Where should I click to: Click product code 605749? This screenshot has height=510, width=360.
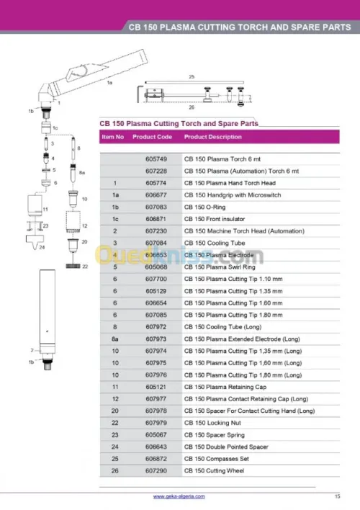click(156, 159)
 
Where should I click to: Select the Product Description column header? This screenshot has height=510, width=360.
click(212, 137)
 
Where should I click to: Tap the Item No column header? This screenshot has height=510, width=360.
click(112, 137)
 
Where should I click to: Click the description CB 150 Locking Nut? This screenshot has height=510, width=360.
click(212, 423)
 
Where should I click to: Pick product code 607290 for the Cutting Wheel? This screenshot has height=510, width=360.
click(156, 470)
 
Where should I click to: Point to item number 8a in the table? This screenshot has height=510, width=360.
click(114, 339)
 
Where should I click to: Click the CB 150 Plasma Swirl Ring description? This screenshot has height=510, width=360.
click(220, 267)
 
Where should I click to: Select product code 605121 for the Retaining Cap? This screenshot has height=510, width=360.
click(156, 387)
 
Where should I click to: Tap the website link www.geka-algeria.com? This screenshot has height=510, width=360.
click(179, 496)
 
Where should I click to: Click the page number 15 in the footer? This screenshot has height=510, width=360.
click(337, 496)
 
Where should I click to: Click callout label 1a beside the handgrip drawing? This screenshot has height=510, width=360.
click(109, 83)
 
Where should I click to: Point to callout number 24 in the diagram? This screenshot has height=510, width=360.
click(42, 247)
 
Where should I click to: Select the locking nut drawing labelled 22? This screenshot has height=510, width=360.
click(73, 266)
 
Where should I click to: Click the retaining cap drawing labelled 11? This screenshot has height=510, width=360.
click(35, 205)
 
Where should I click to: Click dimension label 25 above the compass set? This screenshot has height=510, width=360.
click(192, 77)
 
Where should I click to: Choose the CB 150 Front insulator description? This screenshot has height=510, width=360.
click(215, 219)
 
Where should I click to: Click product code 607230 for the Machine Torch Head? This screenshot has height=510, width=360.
click(156, 231)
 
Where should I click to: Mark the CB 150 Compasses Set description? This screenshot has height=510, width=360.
click(216, 459)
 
